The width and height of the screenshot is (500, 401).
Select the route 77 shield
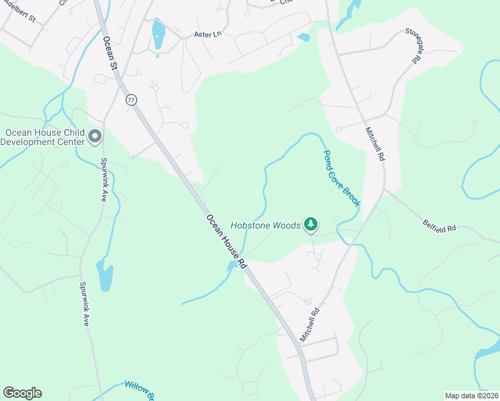coord(130,100)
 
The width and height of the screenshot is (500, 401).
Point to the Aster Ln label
coord(207,34)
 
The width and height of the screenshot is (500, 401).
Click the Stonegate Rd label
coord(412,45)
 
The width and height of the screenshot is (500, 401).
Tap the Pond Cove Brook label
coord(342,178)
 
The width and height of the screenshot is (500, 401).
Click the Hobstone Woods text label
coord(266,226)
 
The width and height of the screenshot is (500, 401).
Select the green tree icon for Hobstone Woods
coord(310,225)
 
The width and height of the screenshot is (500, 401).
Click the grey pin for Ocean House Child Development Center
coord(95,137)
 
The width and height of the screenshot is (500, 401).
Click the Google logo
coord(22,393)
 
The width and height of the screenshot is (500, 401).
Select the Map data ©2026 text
coord(471,396)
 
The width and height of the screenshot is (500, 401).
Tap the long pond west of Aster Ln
coord(158,35)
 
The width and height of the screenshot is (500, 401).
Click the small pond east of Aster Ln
coord(304,37)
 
